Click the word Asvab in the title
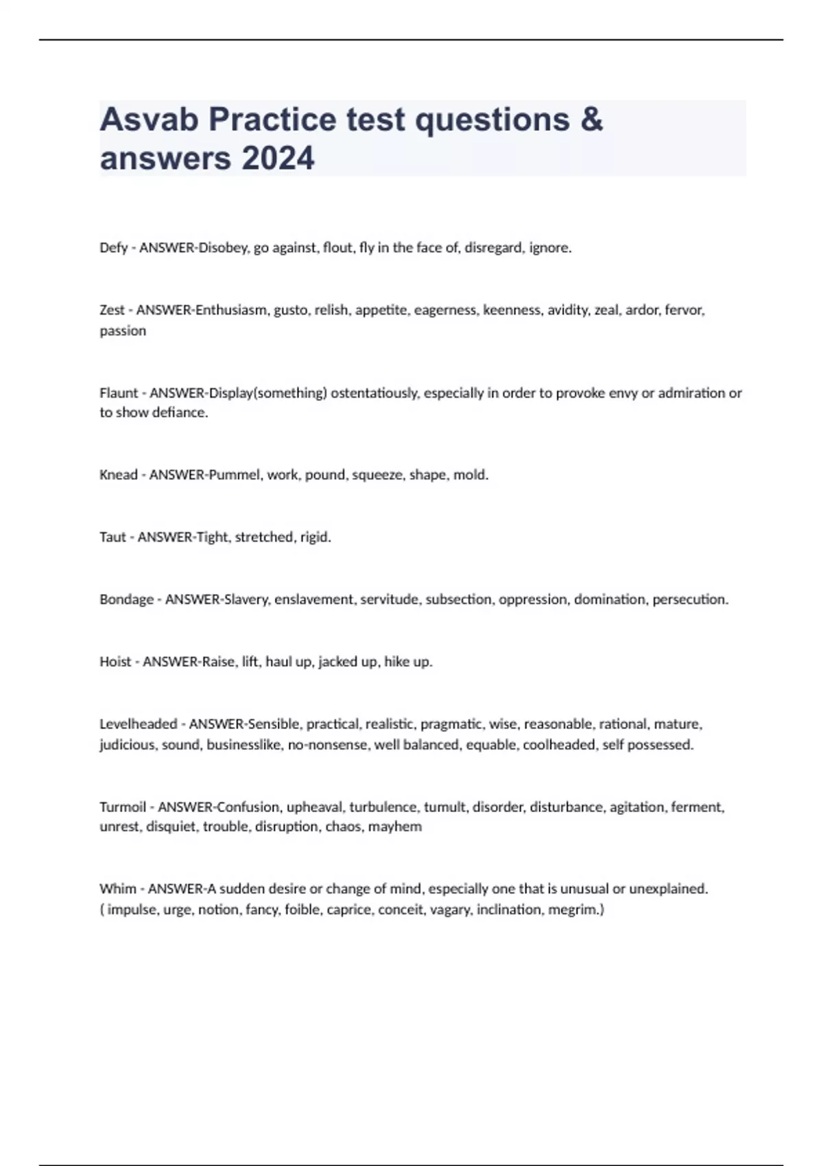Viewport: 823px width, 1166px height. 149,120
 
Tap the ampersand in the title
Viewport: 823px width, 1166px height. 591,120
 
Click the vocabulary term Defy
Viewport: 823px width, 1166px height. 113,248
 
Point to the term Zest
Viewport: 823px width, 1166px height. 112,310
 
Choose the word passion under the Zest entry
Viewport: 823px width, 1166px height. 123,331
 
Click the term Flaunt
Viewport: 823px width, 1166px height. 119,393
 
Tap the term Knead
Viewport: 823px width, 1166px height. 118,475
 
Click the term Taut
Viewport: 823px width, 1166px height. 112,537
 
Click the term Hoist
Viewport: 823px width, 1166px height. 115,662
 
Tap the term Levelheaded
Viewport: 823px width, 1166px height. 138,724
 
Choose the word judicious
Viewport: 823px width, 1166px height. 127,745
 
